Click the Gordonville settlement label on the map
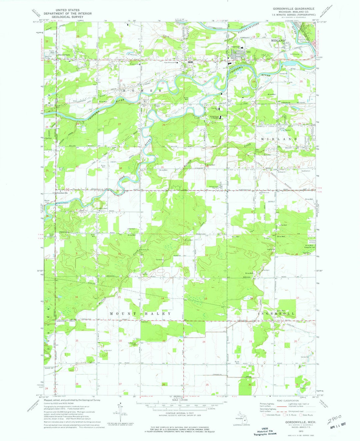[x=62, y=193]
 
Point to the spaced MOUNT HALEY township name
[x=140, y=314]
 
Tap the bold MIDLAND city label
[x=278, y=40]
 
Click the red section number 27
[x=119, y=124]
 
